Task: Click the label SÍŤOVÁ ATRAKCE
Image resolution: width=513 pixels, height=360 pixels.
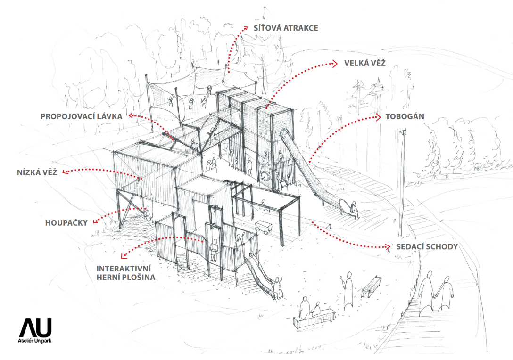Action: click(286, 28)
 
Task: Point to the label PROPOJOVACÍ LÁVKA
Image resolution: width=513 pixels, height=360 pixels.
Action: click(82, 116)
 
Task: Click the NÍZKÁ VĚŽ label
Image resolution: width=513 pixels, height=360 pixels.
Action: click(36, 172)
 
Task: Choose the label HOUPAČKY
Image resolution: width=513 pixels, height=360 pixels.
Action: click(66, 222)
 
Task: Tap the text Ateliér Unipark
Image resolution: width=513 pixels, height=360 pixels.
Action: click(35, 341)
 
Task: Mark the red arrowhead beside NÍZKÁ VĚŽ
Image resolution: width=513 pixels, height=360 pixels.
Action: click(64, 172)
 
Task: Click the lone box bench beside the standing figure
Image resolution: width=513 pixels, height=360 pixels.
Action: click(371, 286)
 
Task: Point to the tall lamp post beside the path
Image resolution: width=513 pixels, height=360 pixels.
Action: click(402, 184)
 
